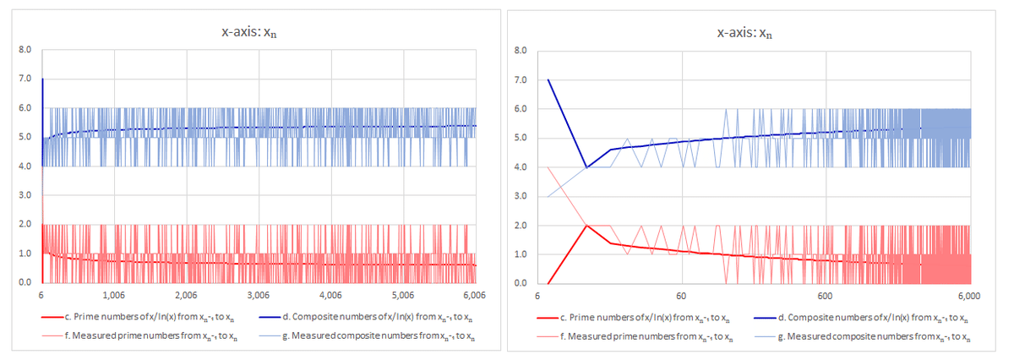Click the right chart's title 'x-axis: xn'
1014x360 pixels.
[x=744, y=33]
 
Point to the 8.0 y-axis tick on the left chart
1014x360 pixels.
[x=25, y=50]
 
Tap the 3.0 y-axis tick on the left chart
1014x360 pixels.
[x=25, y=195]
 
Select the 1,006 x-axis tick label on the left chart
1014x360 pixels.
[x=113, y=295]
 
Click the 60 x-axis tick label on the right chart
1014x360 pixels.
[x=681, y=296]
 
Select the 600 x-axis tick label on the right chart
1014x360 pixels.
[x=826, y=296]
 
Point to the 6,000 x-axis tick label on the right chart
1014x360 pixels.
[x=968, y=296]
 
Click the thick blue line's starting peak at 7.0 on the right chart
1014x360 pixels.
[x=548, y=80]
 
